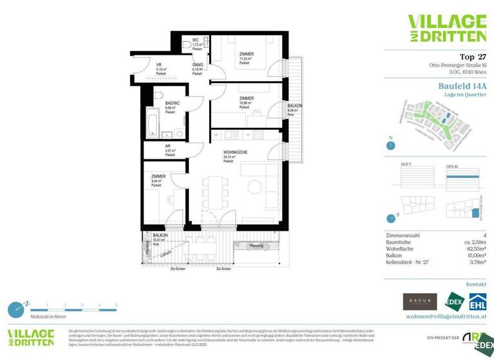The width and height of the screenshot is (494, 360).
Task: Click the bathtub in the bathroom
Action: point(153,122)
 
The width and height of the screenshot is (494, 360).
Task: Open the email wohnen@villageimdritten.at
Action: point(445,317)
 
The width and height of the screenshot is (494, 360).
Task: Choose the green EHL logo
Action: point(477,301)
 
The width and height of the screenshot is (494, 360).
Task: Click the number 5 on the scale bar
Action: point(116,305)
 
